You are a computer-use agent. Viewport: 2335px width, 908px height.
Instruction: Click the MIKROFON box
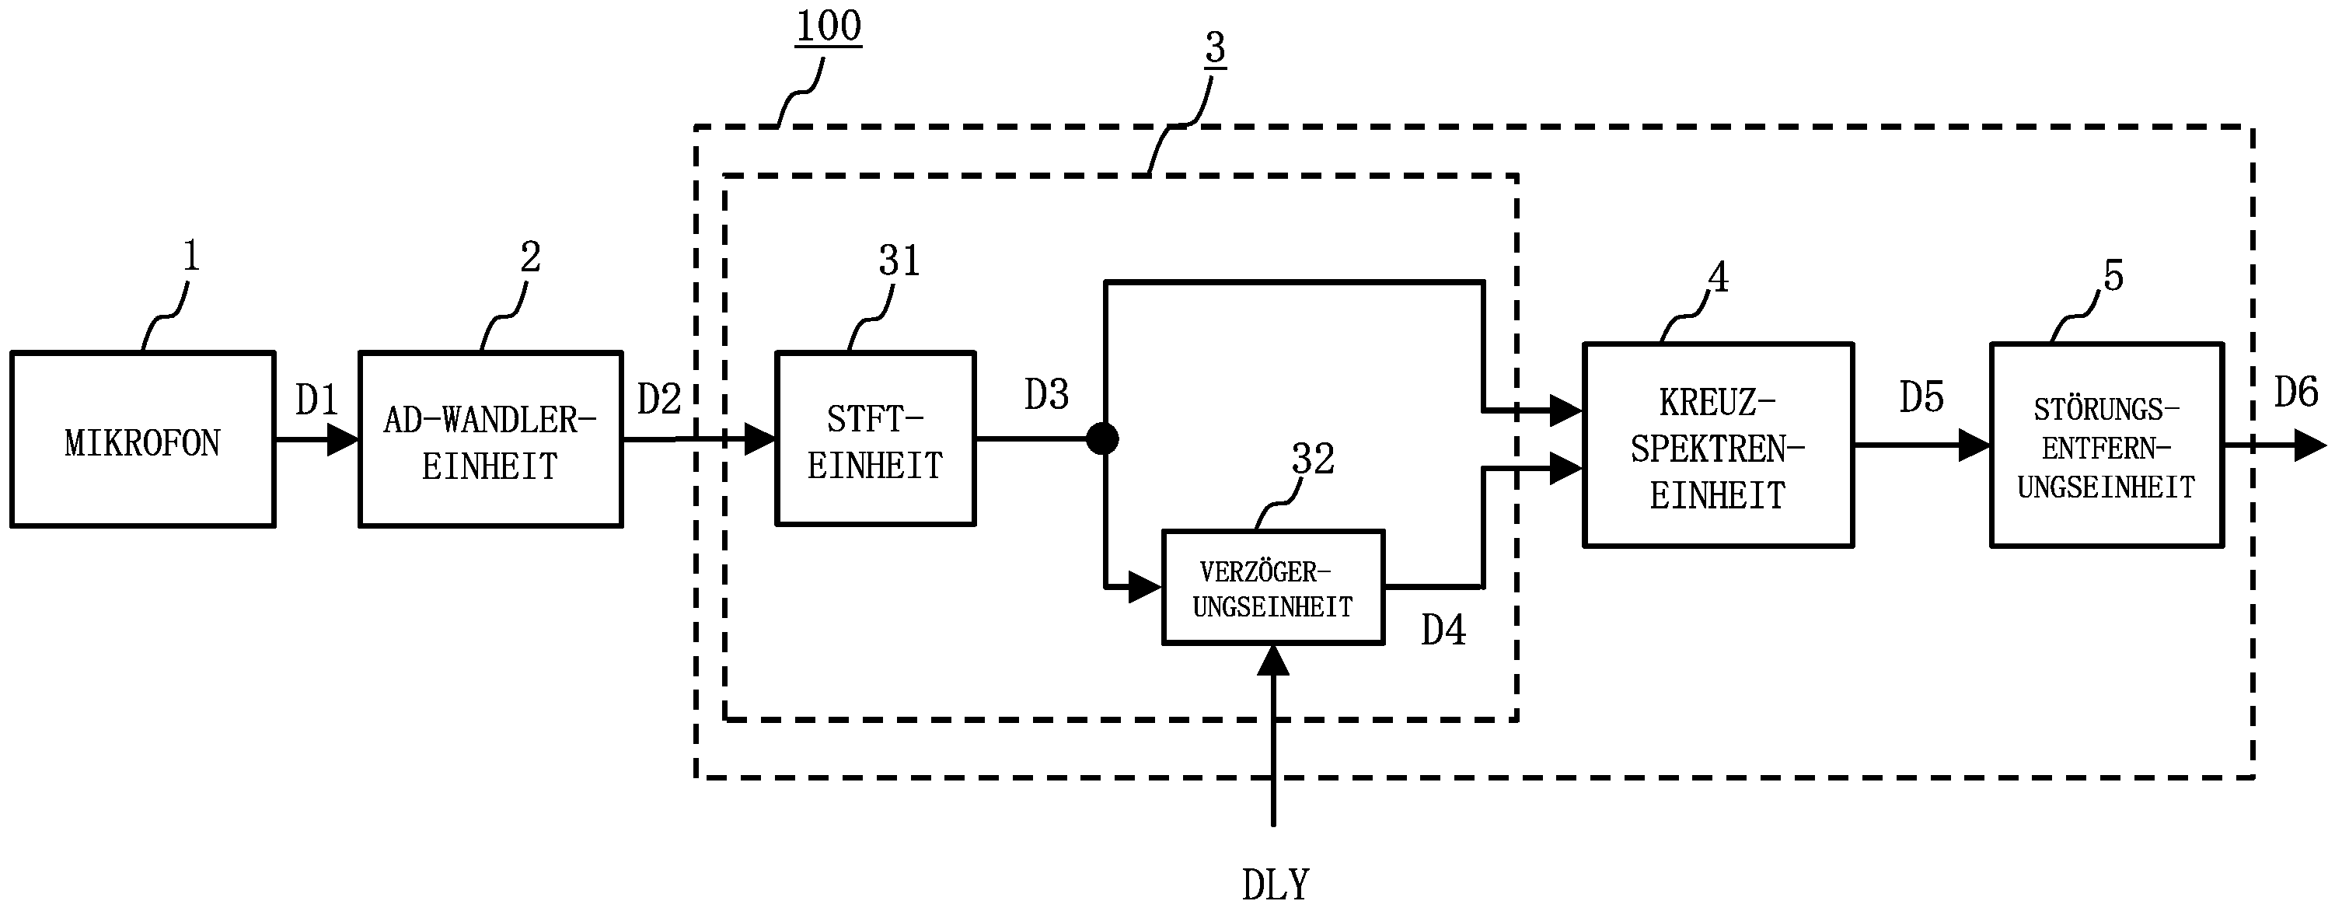point(142,439)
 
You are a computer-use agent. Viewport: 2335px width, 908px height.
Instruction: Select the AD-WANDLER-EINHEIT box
point(490,439)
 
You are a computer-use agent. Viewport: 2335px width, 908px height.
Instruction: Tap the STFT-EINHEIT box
point(874,439)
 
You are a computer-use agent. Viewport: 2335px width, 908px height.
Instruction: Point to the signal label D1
point(316,400)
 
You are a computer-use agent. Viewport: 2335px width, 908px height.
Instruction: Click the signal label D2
point(658,400)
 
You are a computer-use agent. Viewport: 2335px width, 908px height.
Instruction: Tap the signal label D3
point(1046,395)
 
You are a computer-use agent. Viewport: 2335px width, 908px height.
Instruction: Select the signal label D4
point(1443,630)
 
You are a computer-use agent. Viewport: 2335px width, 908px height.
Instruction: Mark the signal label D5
point(1921,398)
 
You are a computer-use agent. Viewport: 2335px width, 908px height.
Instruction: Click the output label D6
point(2296,393)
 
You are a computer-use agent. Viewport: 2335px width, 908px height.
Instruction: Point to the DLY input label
point(1276,885)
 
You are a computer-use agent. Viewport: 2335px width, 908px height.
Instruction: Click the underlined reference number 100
point(829,26)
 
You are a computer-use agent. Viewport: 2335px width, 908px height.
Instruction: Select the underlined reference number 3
point(1216,47)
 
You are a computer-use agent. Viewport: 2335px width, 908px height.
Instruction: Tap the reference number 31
point(899,261)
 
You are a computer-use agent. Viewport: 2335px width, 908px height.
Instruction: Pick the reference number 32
point(1313,459)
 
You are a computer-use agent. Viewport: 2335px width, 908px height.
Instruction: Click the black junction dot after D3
point(1102,439)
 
